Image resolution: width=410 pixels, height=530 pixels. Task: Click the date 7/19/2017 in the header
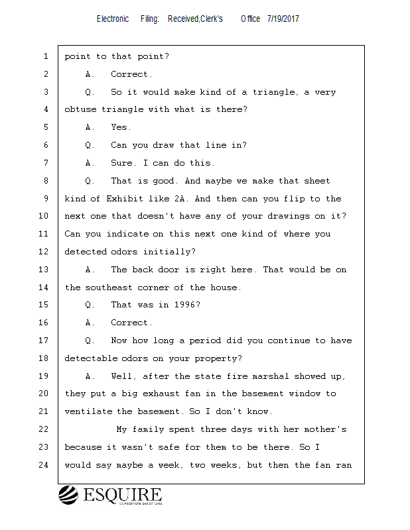(283, 19)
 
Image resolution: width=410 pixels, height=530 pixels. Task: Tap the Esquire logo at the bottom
(110, 496)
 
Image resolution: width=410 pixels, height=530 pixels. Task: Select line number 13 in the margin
(44, 270)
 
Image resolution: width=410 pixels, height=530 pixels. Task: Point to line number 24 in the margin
(44, 465)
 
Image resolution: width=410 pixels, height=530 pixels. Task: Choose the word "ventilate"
(88, 411)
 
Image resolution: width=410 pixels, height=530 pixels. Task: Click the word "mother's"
(326, 429)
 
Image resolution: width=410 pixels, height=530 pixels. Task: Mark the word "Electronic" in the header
(113, 19)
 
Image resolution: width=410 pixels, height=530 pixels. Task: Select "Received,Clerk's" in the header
(195, 19)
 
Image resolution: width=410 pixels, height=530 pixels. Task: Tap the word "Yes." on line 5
(121, 127)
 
